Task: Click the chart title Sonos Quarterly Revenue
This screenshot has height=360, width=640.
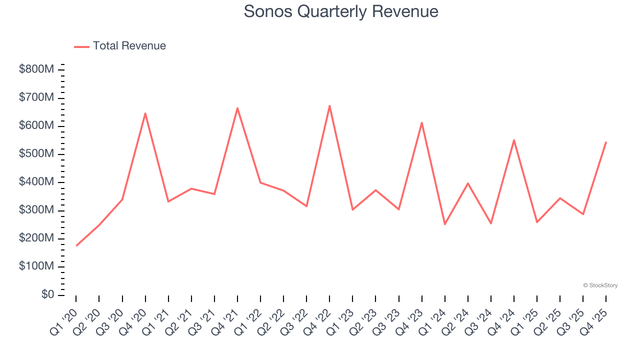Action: [341, 11]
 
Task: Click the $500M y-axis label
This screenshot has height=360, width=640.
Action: [36, 154]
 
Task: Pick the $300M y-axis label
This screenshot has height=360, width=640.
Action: [36, 210]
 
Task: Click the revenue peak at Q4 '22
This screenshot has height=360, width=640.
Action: [329, 105]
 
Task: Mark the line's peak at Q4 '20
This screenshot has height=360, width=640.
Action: [145, 113]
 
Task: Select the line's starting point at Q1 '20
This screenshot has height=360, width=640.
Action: [76, 245]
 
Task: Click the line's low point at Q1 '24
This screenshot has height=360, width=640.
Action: [445, 224]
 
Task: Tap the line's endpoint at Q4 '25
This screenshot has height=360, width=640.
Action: [606, 142]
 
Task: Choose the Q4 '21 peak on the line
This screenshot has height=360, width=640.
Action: [237, 108]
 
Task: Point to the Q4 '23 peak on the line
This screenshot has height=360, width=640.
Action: [422, 122]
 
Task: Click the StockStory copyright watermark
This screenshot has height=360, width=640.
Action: [600, 285]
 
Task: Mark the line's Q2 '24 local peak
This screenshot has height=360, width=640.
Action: [468, 183]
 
